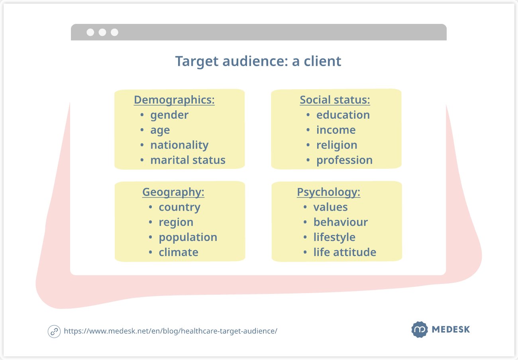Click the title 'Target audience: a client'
(258, 61)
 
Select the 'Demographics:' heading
(174, 100)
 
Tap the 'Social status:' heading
(335, 100)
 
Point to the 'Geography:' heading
(173, 192)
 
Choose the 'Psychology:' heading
(328, 192)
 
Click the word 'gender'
(169, 115)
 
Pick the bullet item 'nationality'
(179, 145)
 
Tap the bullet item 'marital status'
(188, 160)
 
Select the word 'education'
(343, 115)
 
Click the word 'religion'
(337, 145)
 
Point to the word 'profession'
(344, 160)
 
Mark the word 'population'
(188, 237)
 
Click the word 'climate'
(179, 252)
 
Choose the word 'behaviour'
(340, 222)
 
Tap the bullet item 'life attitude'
(345, 252)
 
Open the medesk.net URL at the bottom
(171, 331)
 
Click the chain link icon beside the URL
(54, 331)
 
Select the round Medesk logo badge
(419, 329)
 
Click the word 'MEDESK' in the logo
(451, 330)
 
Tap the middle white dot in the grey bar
(102, 32)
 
